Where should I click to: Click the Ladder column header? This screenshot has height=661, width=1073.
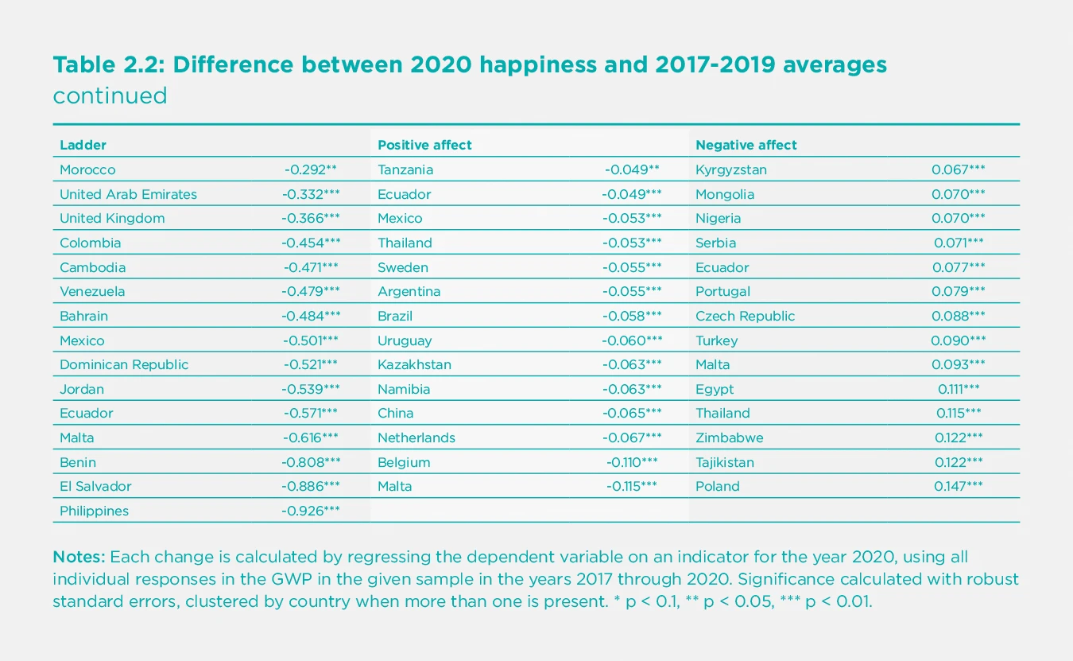click(83, 145)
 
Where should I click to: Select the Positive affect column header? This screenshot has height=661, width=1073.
click(424, 145)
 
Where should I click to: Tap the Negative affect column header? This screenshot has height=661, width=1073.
click(746, 145)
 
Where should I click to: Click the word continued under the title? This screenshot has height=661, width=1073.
click(110, 96)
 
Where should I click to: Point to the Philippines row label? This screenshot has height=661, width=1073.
click(94, 511)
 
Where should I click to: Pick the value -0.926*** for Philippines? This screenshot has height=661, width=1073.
click(311, 511)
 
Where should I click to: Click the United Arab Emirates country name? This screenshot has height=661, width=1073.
click(128, 194)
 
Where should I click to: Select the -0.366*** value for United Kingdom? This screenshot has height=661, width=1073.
click(311, 218)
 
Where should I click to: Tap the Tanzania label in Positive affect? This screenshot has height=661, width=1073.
click(405, 169)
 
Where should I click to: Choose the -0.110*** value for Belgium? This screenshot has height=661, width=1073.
click(632, 462)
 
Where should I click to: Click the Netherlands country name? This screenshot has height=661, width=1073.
click(416, 437)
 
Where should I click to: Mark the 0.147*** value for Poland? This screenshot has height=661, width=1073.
click(959, 486)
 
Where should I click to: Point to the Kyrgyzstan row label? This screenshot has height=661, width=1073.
click(731, 169)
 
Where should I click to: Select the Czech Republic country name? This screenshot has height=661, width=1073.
click(745, 316)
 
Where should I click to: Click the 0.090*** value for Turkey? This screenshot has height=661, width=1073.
click(959, 340)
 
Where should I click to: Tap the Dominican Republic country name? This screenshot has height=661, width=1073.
click(124, 364)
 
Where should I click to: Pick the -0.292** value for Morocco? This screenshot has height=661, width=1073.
click(311, 169)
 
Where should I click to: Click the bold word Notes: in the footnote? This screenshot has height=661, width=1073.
click(78, 556)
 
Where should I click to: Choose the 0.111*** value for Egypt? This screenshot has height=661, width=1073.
click(959, 389)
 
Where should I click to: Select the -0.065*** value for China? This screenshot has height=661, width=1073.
click(632, 413)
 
